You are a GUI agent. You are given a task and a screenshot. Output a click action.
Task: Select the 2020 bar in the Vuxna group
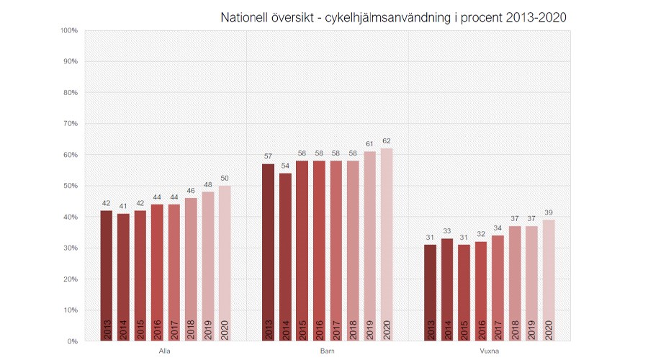click(x=549, y=281)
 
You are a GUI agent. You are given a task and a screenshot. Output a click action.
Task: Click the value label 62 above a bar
click(x=387, y=142)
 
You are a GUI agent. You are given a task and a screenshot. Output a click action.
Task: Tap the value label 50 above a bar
click(x=225, y=179)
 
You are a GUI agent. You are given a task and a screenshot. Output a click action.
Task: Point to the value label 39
click(x=549, y=214)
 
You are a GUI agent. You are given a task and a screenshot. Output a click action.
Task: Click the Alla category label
click(x=165, y=351)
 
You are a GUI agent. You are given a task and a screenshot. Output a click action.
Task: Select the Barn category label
click(x=327, y=351)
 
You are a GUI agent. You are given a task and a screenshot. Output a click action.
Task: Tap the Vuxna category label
click(x=489, y=351)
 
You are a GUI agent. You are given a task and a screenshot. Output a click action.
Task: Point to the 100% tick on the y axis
click(x=68, y=31)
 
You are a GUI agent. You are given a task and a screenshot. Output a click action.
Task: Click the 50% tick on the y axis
click(x=70, y=186)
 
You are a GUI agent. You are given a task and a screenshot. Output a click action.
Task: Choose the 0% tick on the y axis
click(x=72, y=341)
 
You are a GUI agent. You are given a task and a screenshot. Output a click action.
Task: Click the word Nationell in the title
click(x=246, y=17)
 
